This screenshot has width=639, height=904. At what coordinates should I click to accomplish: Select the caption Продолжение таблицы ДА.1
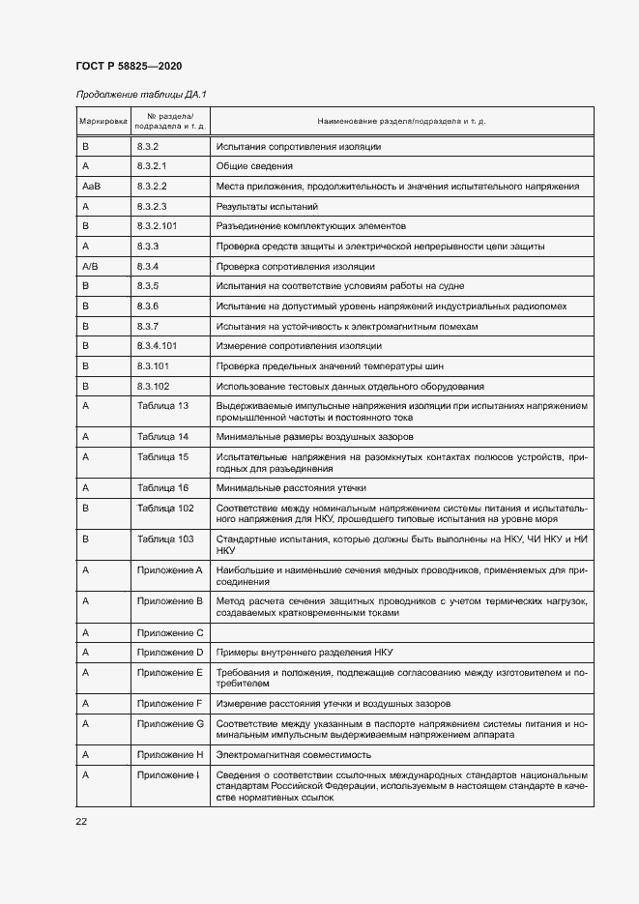[x=141, y=94]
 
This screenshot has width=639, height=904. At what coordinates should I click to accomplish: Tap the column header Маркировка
[x=102, y=121]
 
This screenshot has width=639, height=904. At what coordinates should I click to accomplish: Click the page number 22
[x=81, y=821]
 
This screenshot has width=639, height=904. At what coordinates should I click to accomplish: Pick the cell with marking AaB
[x=92, y=186]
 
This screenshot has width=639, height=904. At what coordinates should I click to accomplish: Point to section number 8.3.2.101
[x=160, y=225]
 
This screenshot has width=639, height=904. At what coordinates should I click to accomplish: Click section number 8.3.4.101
[x=160, y=345]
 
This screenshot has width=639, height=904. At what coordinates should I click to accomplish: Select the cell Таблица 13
[x=163, y=405]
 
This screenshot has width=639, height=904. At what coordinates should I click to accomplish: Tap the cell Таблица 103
[x=165, y=538]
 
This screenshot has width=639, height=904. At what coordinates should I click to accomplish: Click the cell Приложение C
[x=170, y=632]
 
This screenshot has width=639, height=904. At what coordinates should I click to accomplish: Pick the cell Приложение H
[x=170, y=753]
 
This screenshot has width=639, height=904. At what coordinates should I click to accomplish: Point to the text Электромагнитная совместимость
[x=294, y=753]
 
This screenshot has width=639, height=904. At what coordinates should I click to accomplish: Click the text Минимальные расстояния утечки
[x=291, y=487]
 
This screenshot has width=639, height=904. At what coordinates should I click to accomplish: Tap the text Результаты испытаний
[x=267, y=206]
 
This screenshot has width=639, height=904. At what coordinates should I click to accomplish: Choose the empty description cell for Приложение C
[x=401, y=632]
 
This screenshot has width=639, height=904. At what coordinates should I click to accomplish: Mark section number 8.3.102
[x=154, y=385]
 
